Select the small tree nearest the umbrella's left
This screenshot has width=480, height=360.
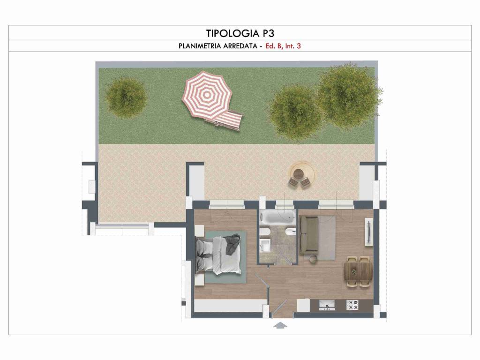click(126, 97)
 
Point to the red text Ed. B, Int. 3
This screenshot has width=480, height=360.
click(283, 46)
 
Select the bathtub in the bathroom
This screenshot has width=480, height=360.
click(277, 217)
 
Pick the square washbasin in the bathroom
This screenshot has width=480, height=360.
click(265, 245)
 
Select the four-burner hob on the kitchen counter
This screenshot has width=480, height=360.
click(352, 305)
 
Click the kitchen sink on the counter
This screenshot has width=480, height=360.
click(327, 305)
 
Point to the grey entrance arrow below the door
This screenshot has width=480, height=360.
click(280, 325)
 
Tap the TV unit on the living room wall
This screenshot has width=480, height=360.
click(369, 232)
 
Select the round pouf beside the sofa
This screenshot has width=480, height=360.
click(313, 259)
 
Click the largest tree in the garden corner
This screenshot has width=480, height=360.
click(349, 95)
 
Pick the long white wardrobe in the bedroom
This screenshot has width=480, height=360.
click(229, 306)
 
